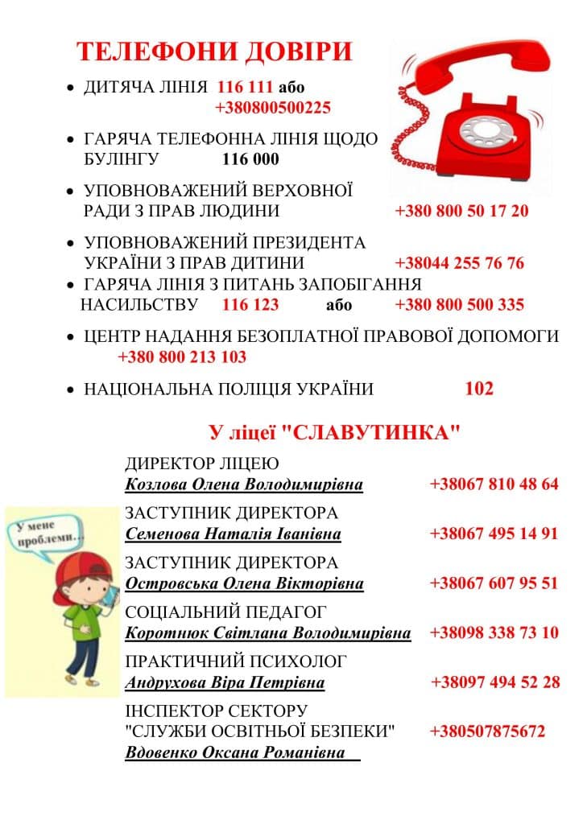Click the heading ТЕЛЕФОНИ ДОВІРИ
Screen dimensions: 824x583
(x=214, y=51)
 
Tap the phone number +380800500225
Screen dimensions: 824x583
(x=273, y=108)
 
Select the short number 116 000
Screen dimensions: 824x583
(x=250, y=159)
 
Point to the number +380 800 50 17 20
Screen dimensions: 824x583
(x=461, y=212)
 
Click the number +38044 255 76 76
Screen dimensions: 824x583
(x=459, y=263)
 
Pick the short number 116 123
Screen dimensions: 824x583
(x=250, y=305)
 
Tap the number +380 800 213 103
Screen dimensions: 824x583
(x=182, y=357)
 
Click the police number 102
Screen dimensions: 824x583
(x=479, y=389)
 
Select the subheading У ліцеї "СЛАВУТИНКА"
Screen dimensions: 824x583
(x=334, y=433)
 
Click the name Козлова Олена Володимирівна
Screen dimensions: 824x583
(x=244, y=485)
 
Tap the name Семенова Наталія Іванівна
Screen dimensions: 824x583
(x=234, y=534)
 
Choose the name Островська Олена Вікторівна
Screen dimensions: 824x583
(x=244, y=583)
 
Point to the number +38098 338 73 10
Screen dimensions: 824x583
(x=494, y=632)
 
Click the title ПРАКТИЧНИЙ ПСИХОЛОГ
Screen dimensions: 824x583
(x=236, y=661)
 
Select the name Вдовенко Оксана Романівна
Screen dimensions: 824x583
(x=235, y=754)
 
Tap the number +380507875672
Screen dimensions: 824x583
(x=487, y=731)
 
